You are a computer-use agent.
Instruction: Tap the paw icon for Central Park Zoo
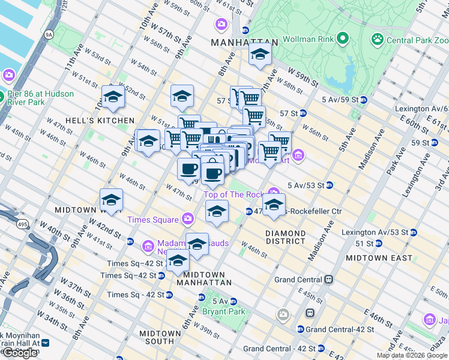[378, 40]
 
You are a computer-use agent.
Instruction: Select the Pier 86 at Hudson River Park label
[41, 98]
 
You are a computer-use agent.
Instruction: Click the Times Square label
[152, 220]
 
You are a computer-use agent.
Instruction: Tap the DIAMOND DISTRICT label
[286, 237]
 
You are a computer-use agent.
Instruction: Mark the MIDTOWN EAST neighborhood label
[379, 257]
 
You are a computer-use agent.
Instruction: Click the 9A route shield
[49, 35]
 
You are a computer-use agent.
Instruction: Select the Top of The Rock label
[234, 194]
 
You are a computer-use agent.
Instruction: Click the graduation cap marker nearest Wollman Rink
[259, 55]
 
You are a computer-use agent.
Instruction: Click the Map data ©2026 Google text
[412, 355]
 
